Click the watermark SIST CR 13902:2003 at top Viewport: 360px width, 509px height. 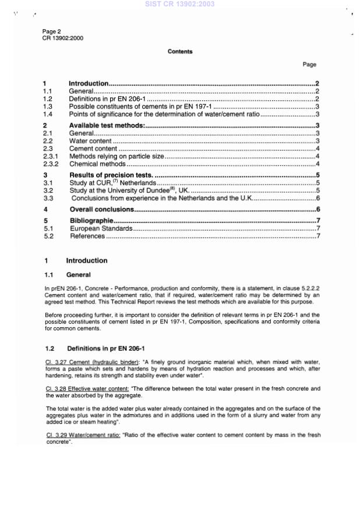point(180,4)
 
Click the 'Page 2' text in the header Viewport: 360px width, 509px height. point(51,31)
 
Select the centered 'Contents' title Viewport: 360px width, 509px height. point(180,52)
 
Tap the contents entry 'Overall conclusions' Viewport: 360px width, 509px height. point(101,209)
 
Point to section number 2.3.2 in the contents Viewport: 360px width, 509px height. point(51,164)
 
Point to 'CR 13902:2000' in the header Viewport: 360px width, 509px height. point(63,38)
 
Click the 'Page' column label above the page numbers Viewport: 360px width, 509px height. point(309,65)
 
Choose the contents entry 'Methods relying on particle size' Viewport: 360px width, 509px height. point(117,157)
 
